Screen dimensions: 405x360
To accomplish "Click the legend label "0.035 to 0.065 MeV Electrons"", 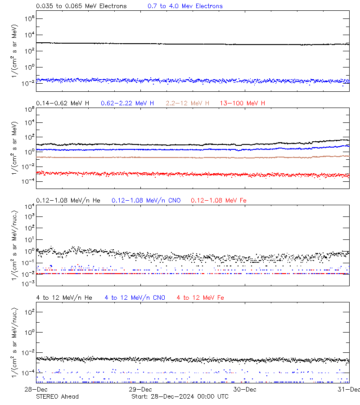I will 81,6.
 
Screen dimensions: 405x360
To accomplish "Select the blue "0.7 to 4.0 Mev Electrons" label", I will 185,6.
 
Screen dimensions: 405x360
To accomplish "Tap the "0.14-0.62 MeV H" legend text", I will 63,103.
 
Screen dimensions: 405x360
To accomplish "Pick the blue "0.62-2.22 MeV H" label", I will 127,103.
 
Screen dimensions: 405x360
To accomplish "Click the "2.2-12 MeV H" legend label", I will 188,103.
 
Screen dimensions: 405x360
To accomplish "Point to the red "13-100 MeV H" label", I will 243,103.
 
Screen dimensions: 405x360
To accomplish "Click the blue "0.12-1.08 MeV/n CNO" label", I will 146,200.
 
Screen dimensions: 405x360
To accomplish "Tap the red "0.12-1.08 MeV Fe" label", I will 219,200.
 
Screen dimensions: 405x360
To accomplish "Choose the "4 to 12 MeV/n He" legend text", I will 64,298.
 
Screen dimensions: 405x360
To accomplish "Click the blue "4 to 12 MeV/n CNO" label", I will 135,298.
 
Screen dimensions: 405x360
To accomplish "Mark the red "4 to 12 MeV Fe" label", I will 201,298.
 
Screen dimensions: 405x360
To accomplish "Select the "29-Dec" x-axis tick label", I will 140,389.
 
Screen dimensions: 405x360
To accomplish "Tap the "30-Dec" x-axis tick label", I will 244,389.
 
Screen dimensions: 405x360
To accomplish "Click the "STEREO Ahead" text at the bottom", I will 57,396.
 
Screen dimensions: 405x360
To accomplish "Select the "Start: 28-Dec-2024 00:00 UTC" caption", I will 180,396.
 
